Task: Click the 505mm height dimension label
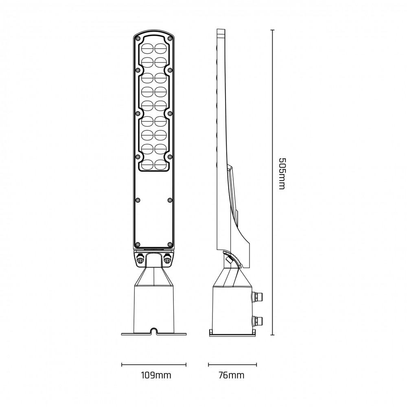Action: click(x=282, y=173)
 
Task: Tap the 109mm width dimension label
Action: click(x=156, y=375)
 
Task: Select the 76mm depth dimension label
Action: click(x=232, y=375)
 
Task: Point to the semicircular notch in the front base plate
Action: click(x=154, y=330)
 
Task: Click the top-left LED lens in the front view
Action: click(x=147, y=48)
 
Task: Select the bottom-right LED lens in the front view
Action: click(x=161, y=165)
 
